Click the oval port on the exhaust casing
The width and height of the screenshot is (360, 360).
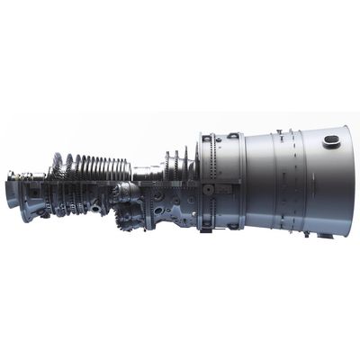(331, 140)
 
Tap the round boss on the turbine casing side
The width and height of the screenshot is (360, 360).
(208, 191)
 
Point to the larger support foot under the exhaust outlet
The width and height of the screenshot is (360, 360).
(323, 235)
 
